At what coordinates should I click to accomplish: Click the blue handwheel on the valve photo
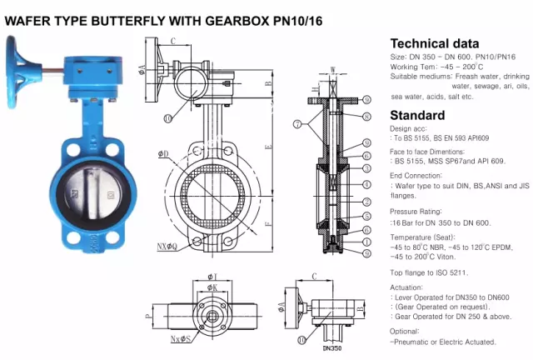[14, 72]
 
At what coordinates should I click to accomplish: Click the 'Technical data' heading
[435, 43]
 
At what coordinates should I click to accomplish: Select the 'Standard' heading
[417, 115]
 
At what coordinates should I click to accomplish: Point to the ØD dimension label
[163, 154]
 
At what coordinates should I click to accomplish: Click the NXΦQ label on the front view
[167, 247]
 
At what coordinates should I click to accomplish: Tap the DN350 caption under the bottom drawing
[332, 348]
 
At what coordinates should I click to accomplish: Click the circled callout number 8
[366, 117]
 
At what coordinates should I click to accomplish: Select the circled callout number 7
[297, 124]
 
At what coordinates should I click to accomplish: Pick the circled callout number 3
[366, 168]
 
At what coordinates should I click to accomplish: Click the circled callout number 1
[366, 242]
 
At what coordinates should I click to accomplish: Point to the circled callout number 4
[366, 184]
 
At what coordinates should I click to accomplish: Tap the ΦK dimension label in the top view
[212, 287]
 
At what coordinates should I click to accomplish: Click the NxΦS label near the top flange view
[181, 338]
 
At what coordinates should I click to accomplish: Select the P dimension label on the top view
[148, 316]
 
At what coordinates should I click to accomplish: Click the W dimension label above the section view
[333, 70]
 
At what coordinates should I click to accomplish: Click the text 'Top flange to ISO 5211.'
[429, 272]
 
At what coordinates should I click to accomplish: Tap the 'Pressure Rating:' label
[416, 212]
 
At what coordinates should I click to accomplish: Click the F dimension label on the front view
[269, 223]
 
